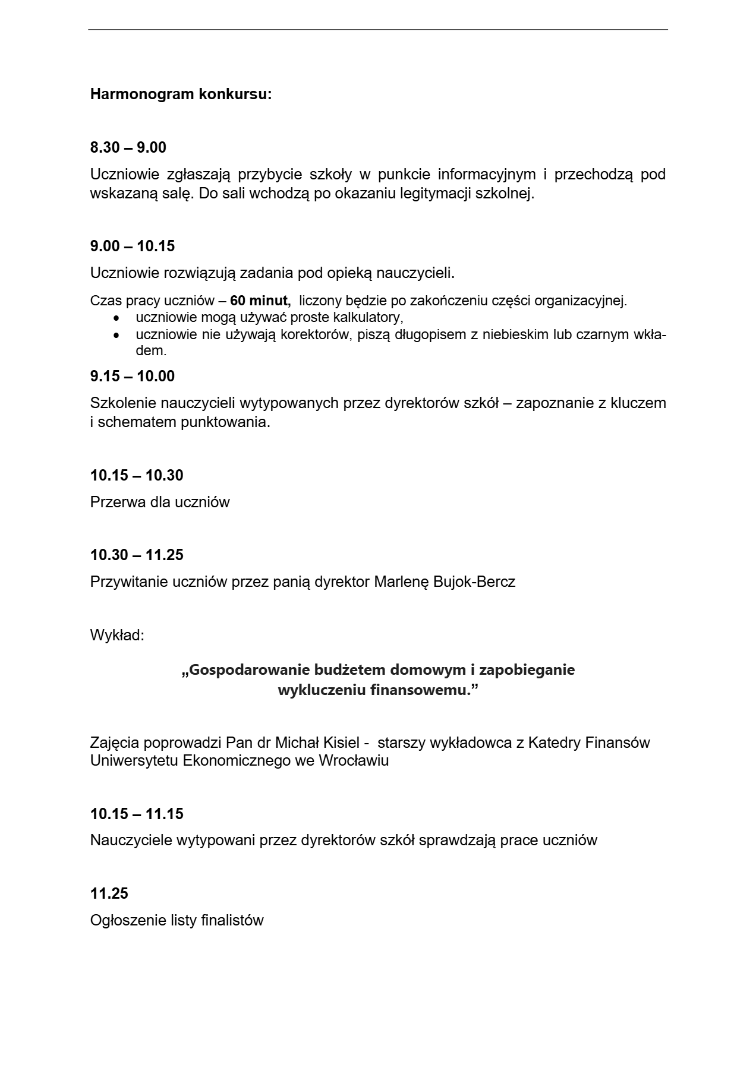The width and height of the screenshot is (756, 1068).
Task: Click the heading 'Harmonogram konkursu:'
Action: (x=181, y=94)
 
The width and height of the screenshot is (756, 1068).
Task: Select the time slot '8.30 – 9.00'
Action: (x=128, y=147)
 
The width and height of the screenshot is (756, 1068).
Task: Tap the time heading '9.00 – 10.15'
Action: (x=132, y=246)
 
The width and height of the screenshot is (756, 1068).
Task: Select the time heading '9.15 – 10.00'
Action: (x=132, y=376)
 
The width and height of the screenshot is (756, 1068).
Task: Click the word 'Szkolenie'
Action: (x=123, y=403)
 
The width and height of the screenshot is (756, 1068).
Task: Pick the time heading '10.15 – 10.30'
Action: (x=136, y=475)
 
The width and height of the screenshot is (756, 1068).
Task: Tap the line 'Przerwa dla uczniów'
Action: (x=160, y=503)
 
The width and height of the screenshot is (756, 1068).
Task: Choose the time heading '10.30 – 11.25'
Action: (x=136, y=555)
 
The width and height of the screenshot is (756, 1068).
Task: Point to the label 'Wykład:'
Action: (x=117, y=636)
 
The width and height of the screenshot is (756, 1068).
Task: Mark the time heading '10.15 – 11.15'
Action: (x=136, y=814)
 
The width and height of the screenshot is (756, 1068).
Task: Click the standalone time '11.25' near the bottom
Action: (x=109, y=893)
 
